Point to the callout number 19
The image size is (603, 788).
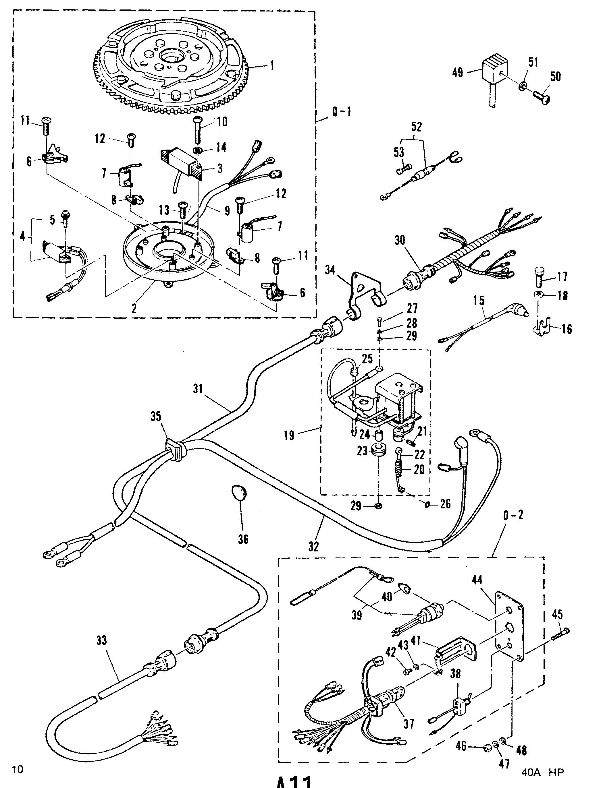tap(289, 435)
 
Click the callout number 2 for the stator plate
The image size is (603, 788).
tap(134, 309)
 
